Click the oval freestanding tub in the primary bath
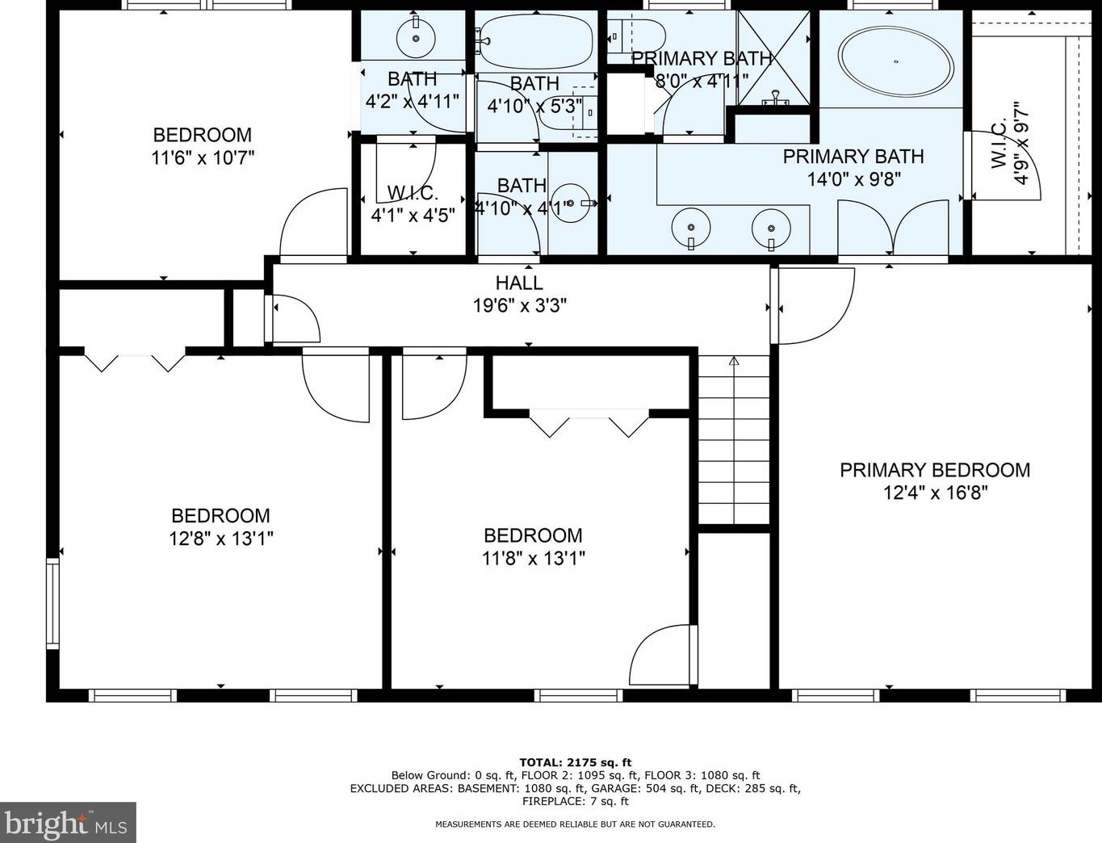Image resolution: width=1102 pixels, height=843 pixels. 897,61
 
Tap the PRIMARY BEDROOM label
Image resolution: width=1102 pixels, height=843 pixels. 935,470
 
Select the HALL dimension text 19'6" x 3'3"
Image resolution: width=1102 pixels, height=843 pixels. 520,305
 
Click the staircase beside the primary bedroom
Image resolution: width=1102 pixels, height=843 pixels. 734,440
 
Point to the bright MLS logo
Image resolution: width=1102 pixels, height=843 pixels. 68,823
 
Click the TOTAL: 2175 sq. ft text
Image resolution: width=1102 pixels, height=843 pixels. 576,763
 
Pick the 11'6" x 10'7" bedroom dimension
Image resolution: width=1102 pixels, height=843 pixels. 203,158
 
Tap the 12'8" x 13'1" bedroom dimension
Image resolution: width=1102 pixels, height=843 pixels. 221,539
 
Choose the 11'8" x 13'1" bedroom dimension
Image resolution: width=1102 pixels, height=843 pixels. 533,558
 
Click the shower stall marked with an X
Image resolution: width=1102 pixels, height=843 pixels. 773,58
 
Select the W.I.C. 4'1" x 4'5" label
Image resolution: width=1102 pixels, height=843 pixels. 413,203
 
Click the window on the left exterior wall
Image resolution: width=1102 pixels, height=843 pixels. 52,603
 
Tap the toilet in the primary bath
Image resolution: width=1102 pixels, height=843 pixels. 636,36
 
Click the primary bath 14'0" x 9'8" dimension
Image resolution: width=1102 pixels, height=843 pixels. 853,179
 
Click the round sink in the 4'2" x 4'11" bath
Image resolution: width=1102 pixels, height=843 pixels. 416,38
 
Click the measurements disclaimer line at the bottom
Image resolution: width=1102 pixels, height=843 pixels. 576,824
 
